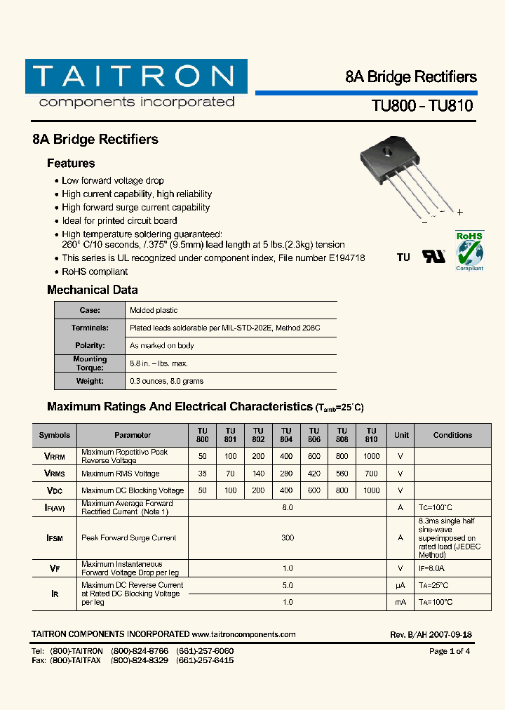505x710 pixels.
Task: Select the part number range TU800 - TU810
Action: click(x=422, y=106)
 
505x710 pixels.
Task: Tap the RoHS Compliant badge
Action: click(x=469, y=250)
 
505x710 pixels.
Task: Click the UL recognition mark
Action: click(x=433, y=257)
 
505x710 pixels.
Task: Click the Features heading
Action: click(x=71, y=163)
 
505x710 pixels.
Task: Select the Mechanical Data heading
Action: click(x=92, y=290)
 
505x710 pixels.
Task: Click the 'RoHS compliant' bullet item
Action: click(x=95, y=272)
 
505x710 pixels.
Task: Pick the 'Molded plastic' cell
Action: click(x=154, y=310)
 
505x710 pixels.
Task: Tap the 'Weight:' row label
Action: click(x=90, y=381)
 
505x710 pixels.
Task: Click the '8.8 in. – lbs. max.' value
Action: click(x=159, y=363)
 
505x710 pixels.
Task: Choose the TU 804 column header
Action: click(x=286, y=435)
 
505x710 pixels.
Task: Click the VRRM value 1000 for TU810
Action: click(x=371, y=457)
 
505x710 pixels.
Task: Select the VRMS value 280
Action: click(x=286, y=474)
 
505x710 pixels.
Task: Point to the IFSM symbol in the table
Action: click(x=55, y=538)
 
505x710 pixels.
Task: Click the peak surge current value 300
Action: click(x=287, y=538)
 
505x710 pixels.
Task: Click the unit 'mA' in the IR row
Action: click(x=400, y=602)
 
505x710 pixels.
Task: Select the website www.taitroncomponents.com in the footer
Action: click(x=243, y=634)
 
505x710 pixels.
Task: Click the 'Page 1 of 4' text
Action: click(x=450, y=651)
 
